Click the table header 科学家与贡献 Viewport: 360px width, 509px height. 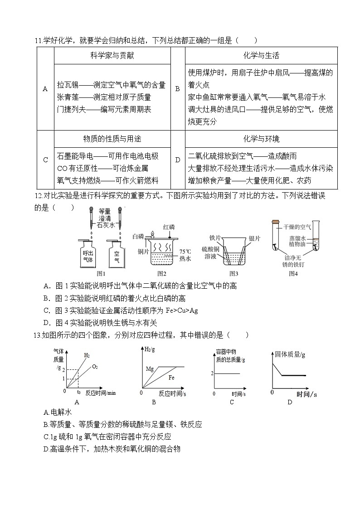(112, 55)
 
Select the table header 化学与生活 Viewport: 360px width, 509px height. (261, 55)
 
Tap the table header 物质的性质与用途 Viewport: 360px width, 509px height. (112, 139)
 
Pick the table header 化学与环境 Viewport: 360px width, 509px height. (261, 139)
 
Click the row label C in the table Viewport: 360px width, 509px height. (45, 160)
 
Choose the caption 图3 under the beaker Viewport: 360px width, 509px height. (234, 273)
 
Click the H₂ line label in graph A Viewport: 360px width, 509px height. (87, 355)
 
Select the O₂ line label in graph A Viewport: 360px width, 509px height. (95, 366)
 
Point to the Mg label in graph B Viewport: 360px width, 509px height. (150, 368)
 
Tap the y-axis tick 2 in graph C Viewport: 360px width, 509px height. (211, 373)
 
